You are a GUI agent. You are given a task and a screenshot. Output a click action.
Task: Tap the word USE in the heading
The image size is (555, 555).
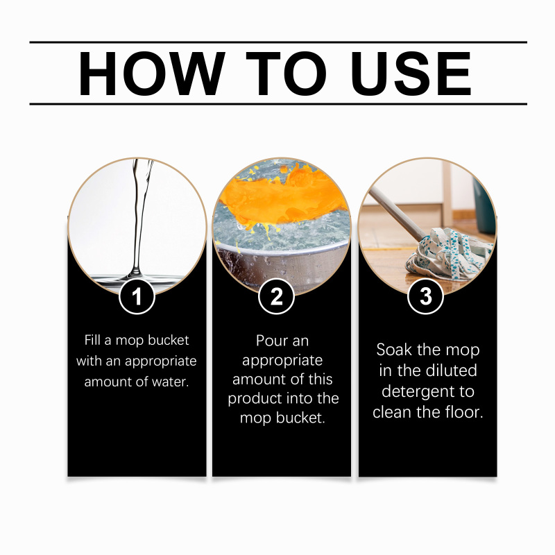tap(411, 74)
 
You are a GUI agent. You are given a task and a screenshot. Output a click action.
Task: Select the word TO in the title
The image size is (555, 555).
tap(287, 74)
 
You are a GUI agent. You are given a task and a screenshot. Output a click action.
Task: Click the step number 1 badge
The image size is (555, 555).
tap(137, 296)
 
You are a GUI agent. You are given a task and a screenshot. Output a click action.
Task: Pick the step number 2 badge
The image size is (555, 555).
tap(276, 296)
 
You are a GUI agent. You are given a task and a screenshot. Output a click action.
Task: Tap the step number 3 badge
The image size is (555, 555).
tap(425, 296)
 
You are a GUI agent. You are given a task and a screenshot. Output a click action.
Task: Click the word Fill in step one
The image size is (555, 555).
tap(92, 340)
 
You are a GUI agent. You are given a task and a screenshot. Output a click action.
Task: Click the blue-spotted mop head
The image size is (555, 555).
tap(449, 254)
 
